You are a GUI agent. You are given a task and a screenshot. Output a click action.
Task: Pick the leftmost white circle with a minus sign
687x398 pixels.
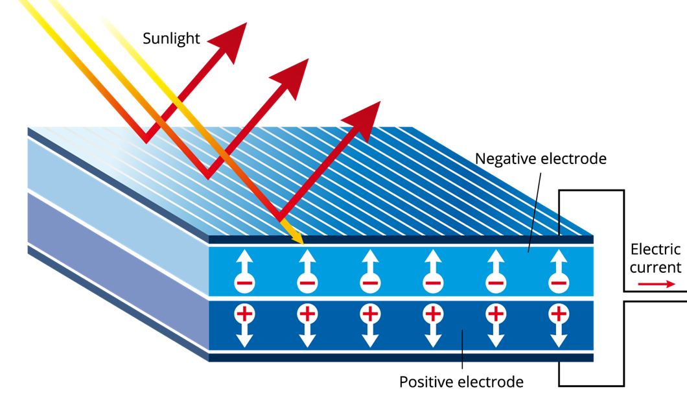(244, 283)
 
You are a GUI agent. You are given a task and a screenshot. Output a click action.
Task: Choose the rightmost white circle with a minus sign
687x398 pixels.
(558, 283)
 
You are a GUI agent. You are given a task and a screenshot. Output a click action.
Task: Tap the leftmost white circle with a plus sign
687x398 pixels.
(244, 314)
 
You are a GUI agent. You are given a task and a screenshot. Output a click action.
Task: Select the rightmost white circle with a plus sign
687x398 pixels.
(558, 314)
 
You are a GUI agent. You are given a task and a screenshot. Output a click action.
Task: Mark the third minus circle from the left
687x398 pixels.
(370, 283)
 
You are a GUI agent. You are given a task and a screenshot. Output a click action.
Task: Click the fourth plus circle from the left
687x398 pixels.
(433, 314)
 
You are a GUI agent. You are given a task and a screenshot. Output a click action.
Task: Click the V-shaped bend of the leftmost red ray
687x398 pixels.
(146, 138)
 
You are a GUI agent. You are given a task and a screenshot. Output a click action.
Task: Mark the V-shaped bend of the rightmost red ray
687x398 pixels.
(280, 217)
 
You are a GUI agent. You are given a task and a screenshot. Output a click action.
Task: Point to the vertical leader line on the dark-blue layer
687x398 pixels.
(462, 347)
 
